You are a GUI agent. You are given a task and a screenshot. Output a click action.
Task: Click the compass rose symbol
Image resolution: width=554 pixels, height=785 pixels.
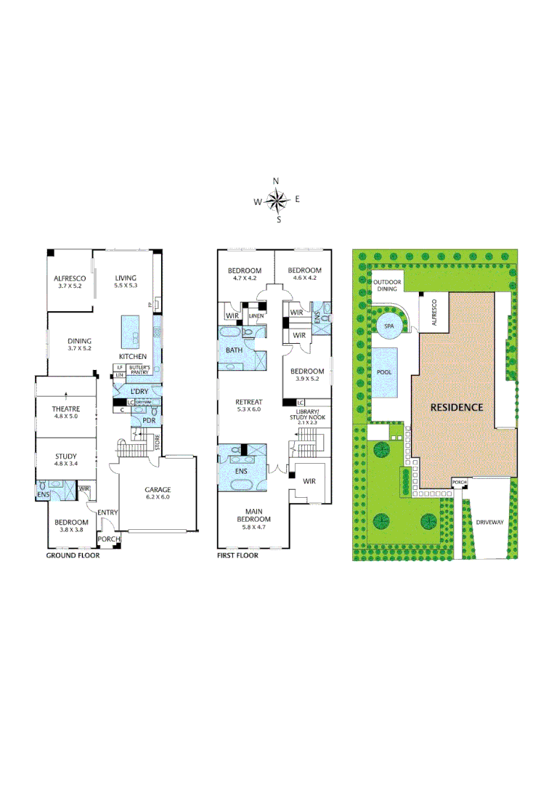click(277, 199)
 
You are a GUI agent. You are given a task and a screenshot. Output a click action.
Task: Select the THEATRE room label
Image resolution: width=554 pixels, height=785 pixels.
click(66, 408)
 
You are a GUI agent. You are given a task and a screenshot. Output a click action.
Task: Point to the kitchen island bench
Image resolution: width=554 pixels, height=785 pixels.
click(132, 331)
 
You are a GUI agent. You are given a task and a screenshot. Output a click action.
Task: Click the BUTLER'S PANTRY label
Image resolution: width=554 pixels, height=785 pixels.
click(139, 370)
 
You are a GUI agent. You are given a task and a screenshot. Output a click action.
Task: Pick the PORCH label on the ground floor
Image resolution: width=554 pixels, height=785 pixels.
click(108, 539)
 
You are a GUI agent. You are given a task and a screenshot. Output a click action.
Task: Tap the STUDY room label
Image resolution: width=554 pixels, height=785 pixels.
click(66, 457)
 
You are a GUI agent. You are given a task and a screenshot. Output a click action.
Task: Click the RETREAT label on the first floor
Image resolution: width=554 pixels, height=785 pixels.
click(249, 402)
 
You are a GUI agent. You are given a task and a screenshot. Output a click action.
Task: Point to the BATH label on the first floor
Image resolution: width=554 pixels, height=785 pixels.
click(234, 350)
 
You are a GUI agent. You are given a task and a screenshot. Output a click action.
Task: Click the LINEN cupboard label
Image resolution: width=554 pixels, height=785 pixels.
click(255, 315)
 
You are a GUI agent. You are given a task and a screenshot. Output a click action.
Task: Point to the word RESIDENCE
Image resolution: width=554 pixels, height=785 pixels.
click(456, 407)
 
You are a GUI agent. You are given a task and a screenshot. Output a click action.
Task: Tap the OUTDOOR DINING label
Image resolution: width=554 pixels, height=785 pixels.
click(386, 285)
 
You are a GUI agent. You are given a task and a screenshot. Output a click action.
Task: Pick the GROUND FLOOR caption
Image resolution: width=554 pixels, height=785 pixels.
click(73, 555)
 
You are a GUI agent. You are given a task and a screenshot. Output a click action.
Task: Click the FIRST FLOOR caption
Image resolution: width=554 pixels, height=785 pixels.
click(237, 555)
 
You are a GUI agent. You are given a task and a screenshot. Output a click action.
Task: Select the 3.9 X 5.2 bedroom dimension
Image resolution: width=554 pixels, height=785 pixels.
click(307, 379)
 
